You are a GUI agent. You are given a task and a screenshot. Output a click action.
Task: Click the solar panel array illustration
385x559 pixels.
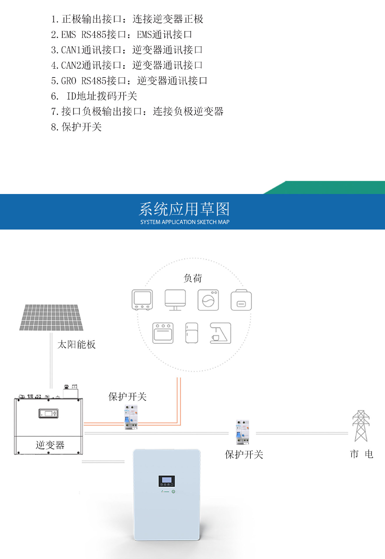pos(51,318)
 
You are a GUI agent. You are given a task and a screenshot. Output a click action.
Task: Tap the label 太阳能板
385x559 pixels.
pos(76,344)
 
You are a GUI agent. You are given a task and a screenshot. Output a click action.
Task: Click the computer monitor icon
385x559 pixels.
pos(175,300)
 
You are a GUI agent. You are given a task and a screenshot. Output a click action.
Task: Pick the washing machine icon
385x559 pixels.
pos(208,300)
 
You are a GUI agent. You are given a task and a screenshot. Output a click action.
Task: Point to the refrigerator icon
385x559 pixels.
pos(192,333)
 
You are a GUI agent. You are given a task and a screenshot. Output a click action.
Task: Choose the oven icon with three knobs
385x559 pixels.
pos(163,333)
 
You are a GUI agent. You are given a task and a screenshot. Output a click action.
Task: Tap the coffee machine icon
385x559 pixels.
pos(220,333)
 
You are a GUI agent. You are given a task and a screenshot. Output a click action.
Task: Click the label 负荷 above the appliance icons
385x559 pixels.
pos(192,278)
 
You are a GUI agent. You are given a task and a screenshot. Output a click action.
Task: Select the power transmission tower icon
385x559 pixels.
pos(361,426)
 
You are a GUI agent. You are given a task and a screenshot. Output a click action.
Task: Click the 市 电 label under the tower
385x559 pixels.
pos(361,454)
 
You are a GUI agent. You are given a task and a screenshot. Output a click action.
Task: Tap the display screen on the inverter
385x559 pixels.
pos(48,413)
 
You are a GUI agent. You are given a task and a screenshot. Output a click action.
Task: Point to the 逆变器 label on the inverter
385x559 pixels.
pos(50,445)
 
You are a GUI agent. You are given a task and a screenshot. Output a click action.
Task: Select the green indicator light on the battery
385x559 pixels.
pos(173,491)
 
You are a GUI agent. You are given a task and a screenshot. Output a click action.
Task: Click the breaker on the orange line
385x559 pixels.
pos(131,417)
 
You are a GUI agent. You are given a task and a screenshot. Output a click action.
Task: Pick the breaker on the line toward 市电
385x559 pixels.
pos(242,432)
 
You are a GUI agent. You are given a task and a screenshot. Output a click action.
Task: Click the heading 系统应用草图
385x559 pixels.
pos(185,209)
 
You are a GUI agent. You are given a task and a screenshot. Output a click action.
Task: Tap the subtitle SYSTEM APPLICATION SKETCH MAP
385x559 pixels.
pos(185,222)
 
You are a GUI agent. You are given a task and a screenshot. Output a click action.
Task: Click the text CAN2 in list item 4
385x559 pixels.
pos(71,65)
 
